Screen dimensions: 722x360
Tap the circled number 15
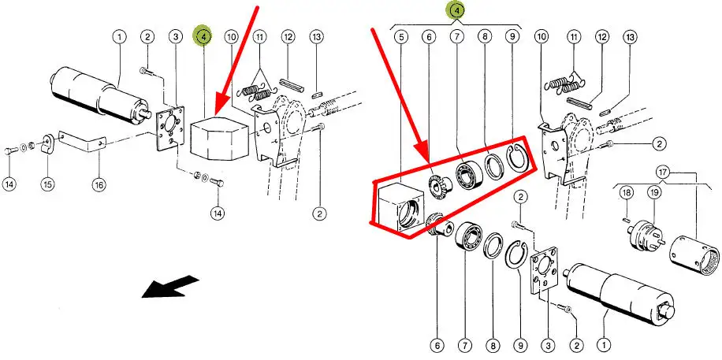(x=47, y=184)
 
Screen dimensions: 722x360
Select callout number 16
(x=99, y=184)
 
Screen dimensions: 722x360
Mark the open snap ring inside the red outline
(x=517, y=160)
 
